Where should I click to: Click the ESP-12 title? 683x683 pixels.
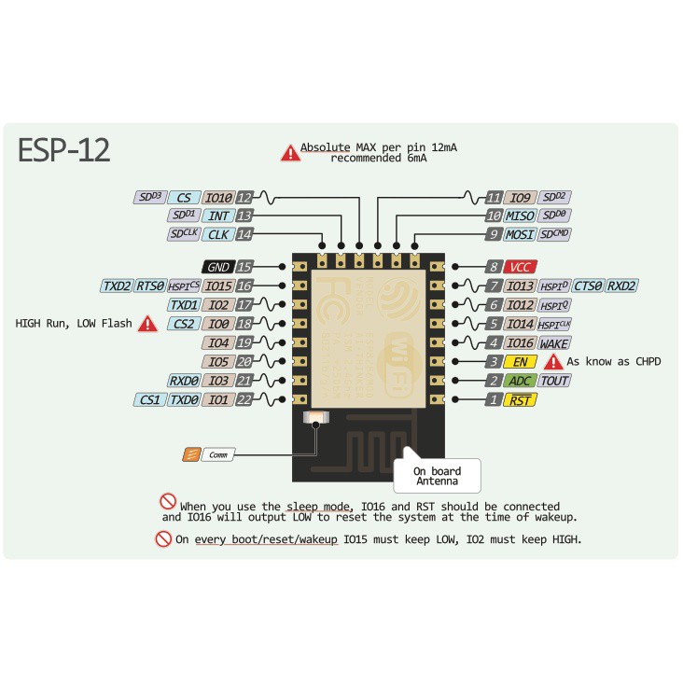pos(64,150)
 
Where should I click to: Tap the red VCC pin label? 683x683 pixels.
pos(518,267)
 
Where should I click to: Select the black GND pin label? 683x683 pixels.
pos(218,267)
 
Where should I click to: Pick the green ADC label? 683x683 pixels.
pos(519,381)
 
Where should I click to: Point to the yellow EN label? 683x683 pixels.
pos(519,361)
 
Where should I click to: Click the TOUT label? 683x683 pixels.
pos(554,381)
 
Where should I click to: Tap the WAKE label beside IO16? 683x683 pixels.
pos(554,342)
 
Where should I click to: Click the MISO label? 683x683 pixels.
pos(520,216)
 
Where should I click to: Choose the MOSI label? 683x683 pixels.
pos(520,235)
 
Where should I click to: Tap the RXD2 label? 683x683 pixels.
pos(622,286)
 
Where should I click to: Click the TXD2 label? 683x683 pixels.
pos(117,286)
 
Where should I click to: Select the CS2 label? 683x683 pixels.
pos(183,324)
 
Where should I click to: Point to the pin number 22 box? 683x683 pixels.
pos(244,399)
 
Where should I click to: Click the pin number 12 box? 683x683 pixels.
pos(244,198)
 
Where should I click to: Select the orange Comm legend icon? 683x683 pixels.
pos(191,454)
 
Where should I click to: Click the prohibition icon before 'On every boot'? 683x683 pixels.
pos(163,539)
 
